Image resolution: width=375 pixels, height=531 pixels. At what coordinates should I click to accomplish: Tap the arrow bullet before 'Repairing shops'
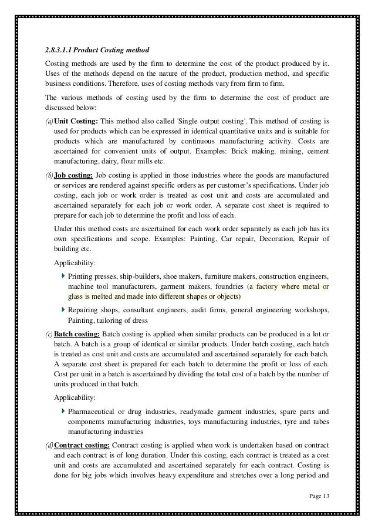click(x=63, y=309)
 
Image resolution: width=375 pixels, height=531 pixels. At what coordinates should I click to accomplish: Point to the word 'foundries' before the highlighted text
click(x=231, y=286)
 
